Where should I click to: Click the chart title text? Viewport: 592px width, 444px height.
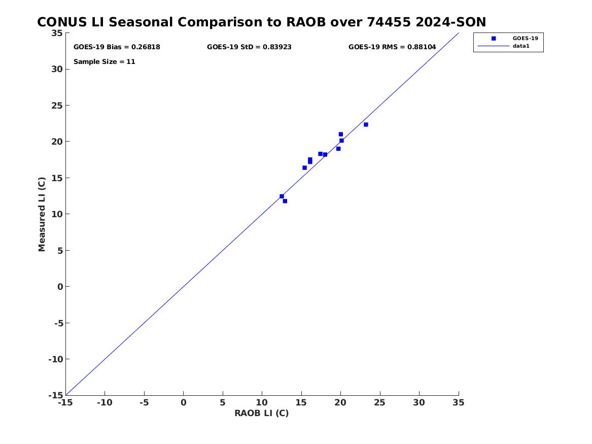pos(261,22)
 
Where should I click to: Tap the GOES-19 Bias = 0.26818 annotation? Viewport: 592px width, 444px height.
pos(117,47)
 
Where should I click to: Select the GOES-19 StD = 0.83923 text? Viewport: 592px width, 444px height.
pos(249,47)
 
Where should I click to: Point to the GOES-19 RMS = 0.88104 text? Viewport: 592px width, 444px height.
pos(392,47)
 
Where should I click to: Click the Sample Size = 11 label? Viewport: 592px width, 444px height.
pos(104,62)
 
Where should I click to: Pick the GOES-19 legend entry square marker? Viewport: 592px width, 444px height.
pos(494,39)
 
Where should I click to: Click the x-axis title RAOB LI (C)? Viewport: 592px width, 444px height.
pos(261,413)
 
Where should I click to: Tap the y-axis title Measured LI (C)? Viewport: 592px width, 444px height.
pos(42,214)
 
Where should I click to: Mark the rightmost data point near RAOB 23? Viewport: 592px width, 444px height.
pos(366,125)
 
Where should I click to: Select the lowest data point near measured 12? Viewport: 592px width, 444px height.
pos(285,201)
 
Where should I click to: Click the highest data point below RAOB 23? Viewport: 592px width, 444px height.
pos(340,134)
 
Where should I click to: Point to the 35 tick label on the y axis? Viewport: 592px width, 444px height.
pos(57,33)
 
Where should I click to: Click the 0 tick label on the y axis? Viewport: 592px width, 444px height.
pos(60,287)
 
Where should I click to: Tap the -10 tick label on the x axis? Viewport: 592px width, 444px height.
pos(105,403)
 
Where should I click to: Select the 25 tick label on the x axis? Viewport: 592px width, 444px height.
pos(380,403)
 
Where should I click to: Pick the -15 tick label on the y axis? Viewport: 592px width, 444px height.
pos(56,395)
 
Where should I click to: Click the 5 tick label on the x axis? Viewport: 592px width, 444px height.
pos(223,403)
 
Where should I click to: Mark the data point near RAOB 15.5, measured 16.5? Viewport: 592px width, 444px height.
pos(305,167)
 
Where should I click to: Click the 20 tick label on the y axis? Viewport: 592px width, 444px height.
pos(57,142)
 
